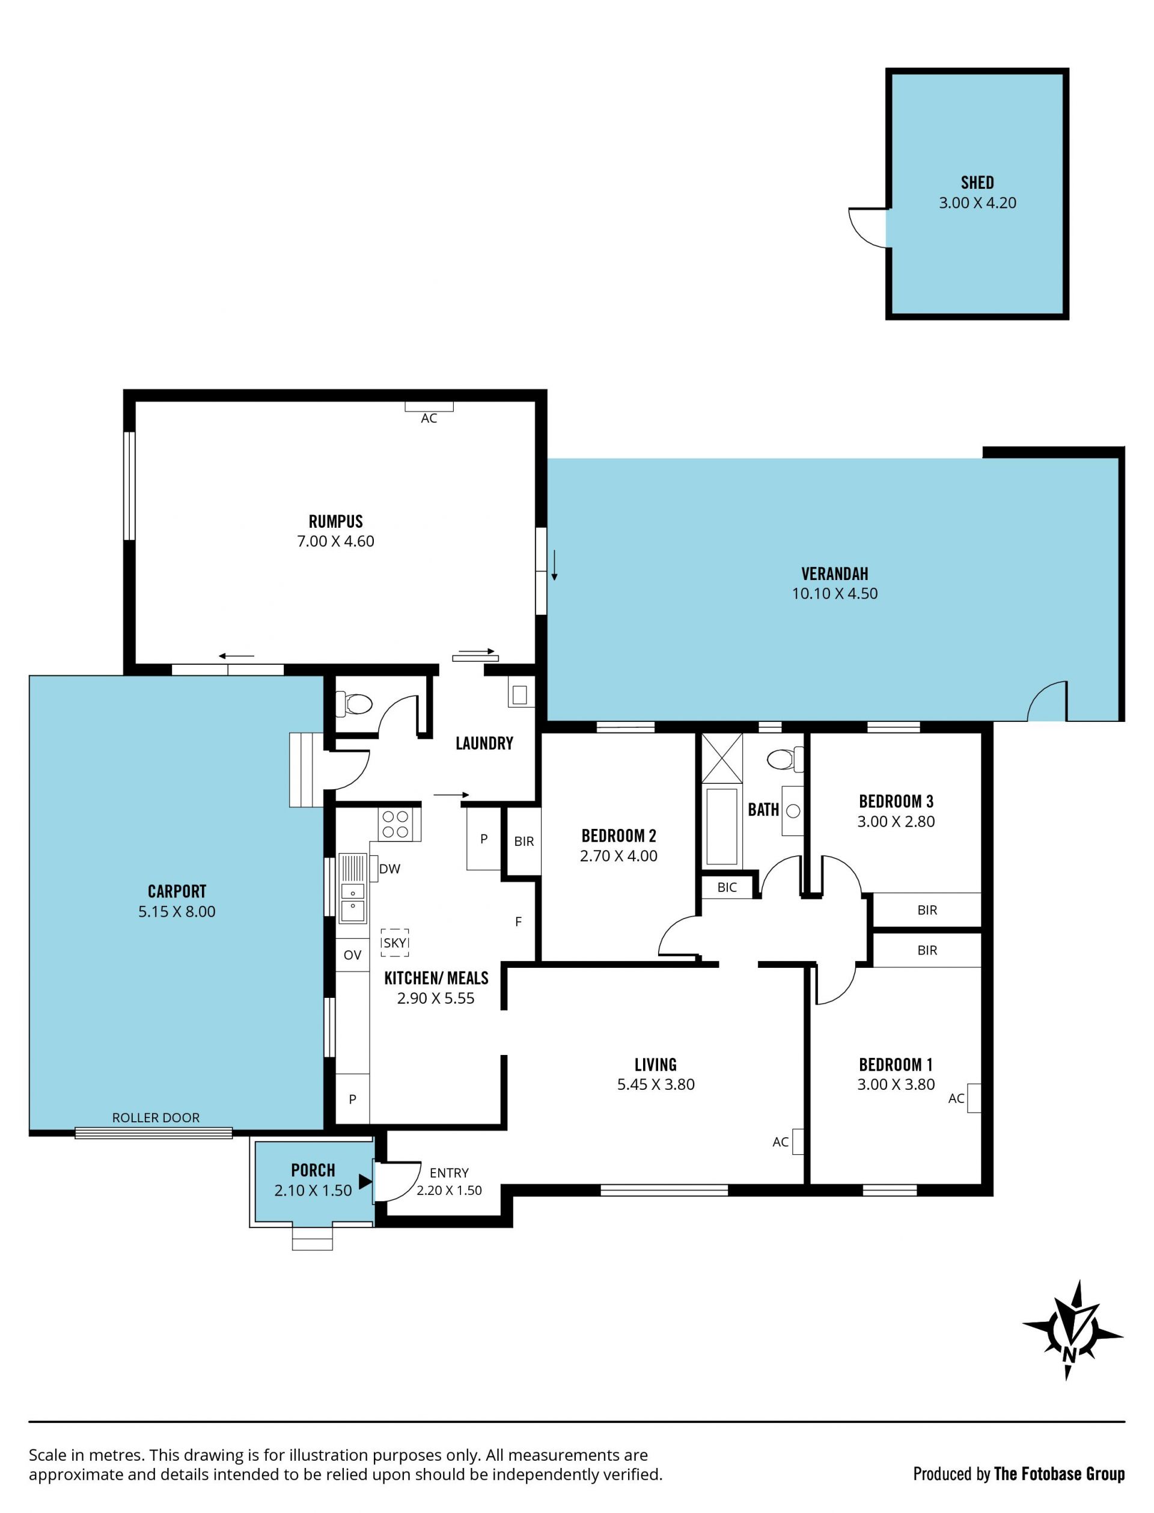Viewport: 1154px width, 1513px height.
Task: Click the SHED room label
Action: pos(977,183)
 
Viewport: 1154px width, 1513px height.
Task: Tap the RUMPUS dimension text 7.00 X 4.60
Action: pos(335,541)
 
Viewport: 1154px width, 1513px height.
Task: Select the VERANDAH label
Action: pos(835,573)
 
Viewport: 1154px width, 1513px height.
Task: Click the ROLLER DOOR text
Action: pos(156,1117)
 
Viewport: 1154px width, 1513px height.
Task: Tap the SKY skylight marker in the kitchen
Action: pos(395,943)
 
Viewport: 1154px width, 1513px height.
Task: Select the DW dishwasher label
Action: pos(389,869)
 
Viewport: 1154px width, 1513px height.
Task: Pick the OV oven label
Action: pos(352,955)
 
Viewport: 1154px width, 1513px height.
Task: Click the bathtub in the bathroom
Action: pos(721,826)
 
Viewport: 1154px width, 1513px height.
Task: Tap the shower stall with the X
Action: pos(721,758)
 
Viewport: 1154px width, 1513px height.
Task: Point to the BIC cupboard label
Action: pos(727,887)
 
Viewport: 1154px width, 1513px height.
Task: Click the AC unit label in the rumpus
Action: pos(429,418)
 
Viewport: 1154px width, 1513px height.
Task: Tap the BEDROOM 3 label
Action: pos(896,801)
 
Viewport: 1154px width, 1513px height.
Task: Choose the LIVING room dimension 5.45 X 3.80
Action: pos(656,1084)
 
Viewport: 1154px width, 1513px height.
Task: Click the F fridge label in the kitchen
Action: pos(519,922)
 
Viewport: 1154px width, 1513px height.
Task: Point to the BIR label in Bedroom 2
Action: pos(524,842)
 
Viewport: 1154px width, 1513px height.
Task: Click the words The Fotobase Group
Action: pos(1059,1473)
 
